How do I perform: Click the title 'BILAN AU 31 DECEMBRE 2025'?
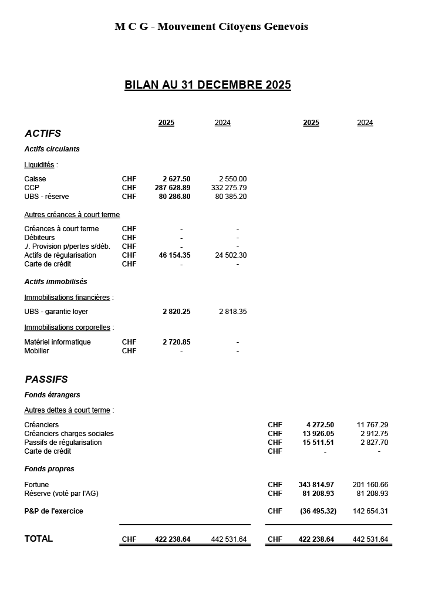208,85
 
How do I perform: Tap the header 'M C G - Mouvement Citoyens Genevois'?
211,26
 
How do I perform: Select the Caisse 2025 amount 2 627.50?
176,179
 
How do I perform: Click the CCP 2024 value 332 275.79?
229,188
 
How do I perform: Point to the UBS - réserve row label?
46,197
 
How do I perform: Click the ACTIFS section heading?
43,134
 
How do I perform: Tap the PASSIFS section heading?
46,380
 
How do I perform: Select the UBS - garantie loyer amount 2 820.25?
176,312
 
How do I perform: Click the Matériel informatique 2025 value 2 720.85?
176,342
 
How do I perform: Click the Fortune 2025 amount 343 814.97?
316,485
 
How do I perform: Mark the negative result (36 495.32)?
318,511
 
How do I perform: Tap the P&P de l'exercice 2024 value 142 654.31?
370,511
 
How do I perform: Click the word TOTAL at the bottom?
39,539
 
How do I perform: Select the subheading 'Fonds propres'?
49,469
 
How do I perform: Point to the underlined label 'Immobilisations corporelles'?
67,327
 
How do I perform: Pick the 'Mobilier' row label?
36,351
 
